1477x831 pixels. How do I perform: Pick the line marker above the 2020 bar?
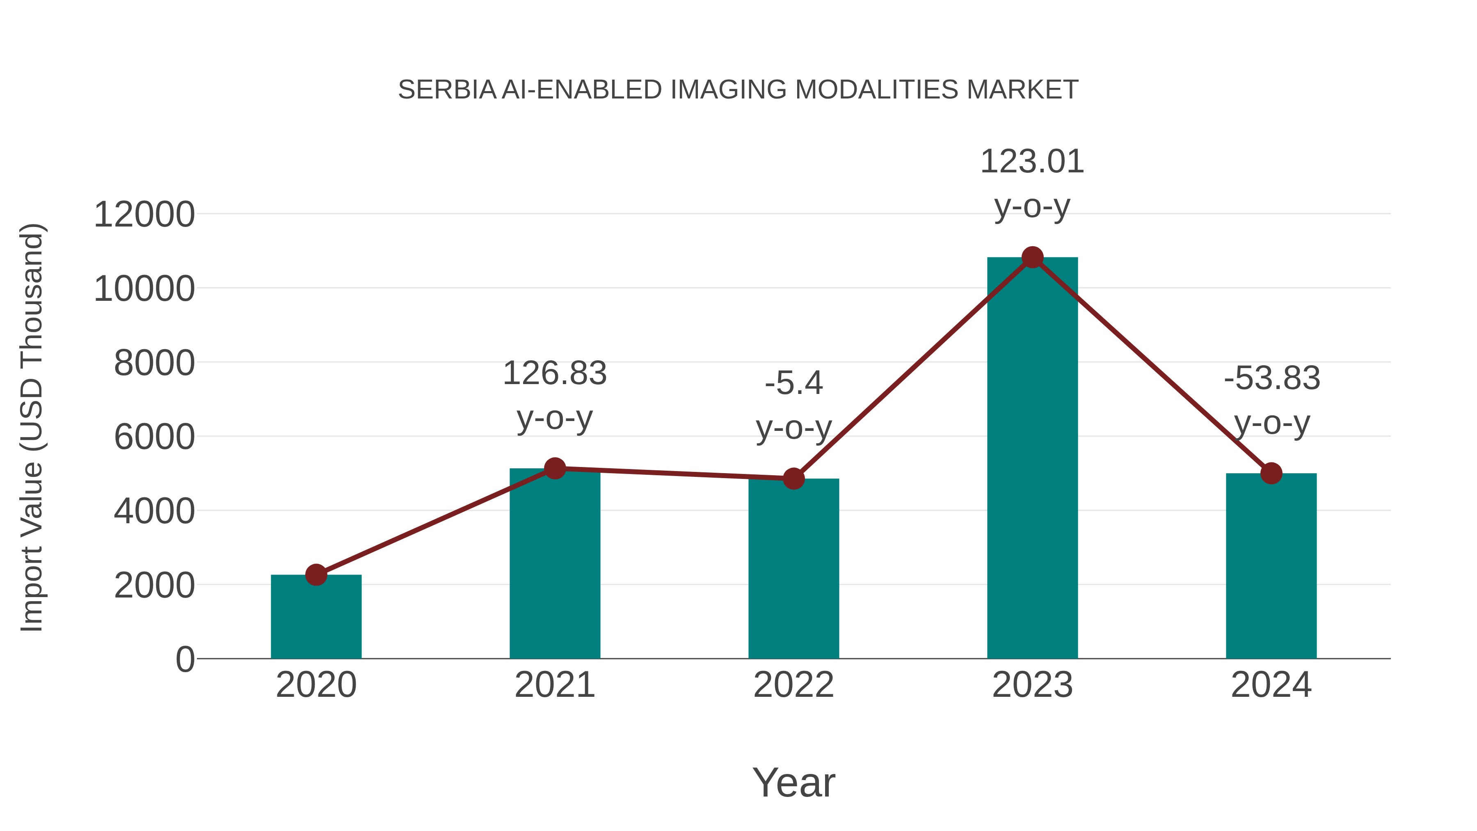pyautogui.click(x=316, y=575)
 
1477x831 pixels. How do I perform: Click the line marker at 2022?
pyautogui.click(x=793, y=478)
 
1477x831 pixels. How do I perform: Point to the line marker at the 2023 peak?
pyautogui.click(x=1032, y=257)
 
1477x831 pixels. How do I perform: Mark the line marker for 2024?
pyautogui.click(x=1271, y=473)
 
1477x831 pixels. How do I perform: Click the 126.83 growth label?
pyautogui.click(x=554, y=373)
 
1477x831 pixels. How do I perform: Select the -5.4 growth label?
pyautogui.click(x=793, y=383)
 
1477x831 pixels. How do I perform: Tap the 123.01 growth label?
pyautogui.click(x=1032, y=162)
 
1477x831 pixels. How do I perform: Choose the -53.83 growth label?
pyautogui.click(x=1271, y=378)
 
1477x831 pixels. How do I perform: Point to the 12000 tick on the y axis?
pyautogui.click(x=144, y=215)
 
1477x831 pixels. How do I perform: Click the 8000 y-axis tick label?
pyautogui.click(x=154, y=363)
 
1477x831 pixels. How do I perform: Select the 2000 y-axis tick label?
pyautogui.click(x=154, y=586)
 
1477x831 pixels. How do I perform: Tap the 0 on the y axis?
pyautogui.click(x=185, y=659)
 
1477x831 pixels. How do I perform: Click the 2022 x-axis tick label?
pyautogui.click(x=793, y=685)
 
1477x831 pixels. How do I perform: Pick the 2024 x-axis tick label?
pyautogui.click(x=1271, y=685)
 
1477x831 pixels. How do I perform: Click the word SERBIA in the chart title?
pyautogui.click(x=447, y=90)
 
